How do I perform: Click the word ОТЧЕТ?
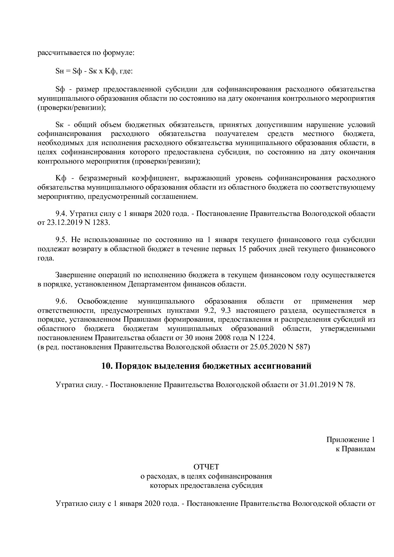pos(206,467)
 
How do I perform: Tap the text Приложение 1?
pos(350,440)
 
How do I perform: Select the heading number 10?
pos(107,366)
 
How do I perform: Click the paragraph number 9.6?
pos(61,301)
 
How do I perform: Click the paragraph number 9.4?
pos(61,213)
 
